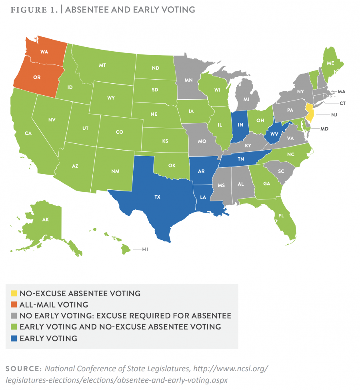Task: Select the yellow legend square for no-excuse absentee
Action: [x=14, y=294]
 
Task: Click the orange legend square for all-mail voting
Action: [x=14, y=305]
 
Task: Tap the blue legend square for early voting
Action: [x=14, y=339]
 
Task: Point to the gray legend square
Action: [x=14, y=316]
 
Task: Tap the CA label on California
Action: [x=28, y=133]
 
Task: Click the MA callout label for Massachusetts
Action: [x=341, y=92]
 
